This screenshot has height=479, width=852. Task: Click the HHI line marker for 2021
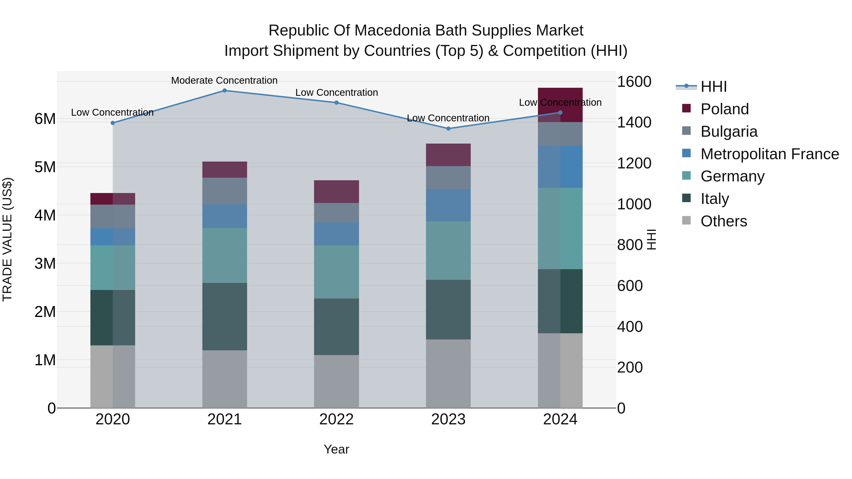coord(225,91)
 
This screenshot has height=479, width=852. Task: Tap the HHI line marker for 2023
coord(448,129)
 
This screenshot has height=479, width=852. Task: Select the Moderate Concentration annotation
coord(224,80)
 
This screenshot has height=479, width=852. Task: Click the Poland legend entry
coord(724,109)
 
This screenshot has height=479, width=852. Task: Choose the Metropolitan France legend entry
coord(769,154)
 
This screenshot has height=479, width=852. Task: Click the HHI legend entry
coord(713,87)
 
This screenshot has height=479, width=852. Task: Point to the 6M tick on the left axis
coord(45,119)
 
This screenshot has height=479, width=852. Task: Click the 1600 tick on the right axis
coord(634,82)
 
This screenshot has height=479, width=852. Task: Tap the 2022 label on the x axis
coord(336,419)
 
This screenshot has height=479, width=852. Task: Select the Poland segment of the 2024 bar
coord(560,105)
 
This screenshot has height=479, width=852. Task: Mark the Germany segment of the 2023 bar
coord(448,250)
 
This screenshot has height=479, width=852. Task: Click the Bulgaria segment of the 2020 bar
coord(113,216)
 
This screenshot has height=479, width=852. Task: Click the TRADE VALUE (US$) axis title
coord(8,239)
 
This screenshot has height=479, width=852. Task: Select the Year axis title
coord(336,449)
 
